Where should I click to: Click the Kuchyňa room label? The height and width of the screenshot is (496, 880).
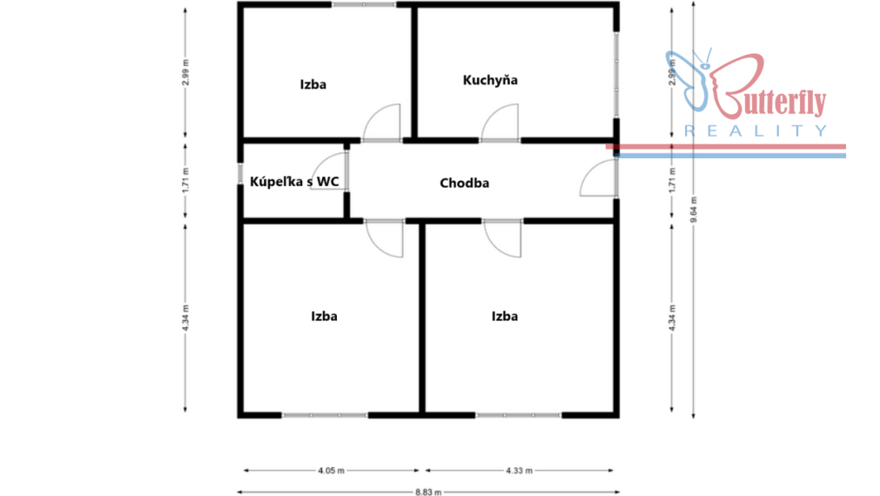(x=490, y=80)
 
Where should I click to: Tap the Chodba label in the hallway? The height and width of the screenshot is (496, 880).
(x=464, y=183)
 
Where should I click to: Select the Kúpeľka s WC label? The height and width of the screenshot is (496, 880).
(x=294, y=181)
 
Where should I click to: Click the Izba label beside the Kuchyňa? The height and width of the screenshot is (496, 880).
(x=312, y=84)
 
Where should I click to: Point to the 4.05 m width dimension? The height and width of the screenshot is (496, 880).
(x=331, y=470)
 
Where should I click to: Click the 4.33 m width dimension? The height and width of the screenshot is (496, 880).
(x=519, y=470)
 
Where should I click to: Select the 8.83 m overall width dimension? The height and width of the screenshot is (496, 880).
(x=428, y=492)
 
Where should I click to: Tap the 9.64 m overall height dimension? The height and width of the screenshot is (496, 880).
(x=694, y=210)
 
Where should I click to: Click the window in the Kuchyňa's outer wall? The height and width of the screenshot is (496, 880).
(x=616, y=75)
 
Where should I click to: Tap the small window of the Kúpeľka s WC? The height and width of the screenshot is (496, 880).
(x=240, y=173)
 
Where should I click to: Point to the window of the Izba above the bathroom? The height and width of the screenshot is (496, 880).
(x=364, y=4)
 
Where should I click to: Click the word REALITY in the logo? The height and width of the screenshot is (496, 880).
(x=756, y=131)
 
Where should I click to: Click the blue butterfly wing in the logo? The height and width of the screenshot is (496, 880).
(x=687, y=80)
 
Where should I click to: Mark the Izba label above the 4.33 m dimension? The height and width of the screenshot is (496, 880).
(x=505, y=317)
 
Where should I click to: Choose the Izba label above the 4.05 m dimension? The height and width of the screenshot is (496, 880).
(x=324, y=317)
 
